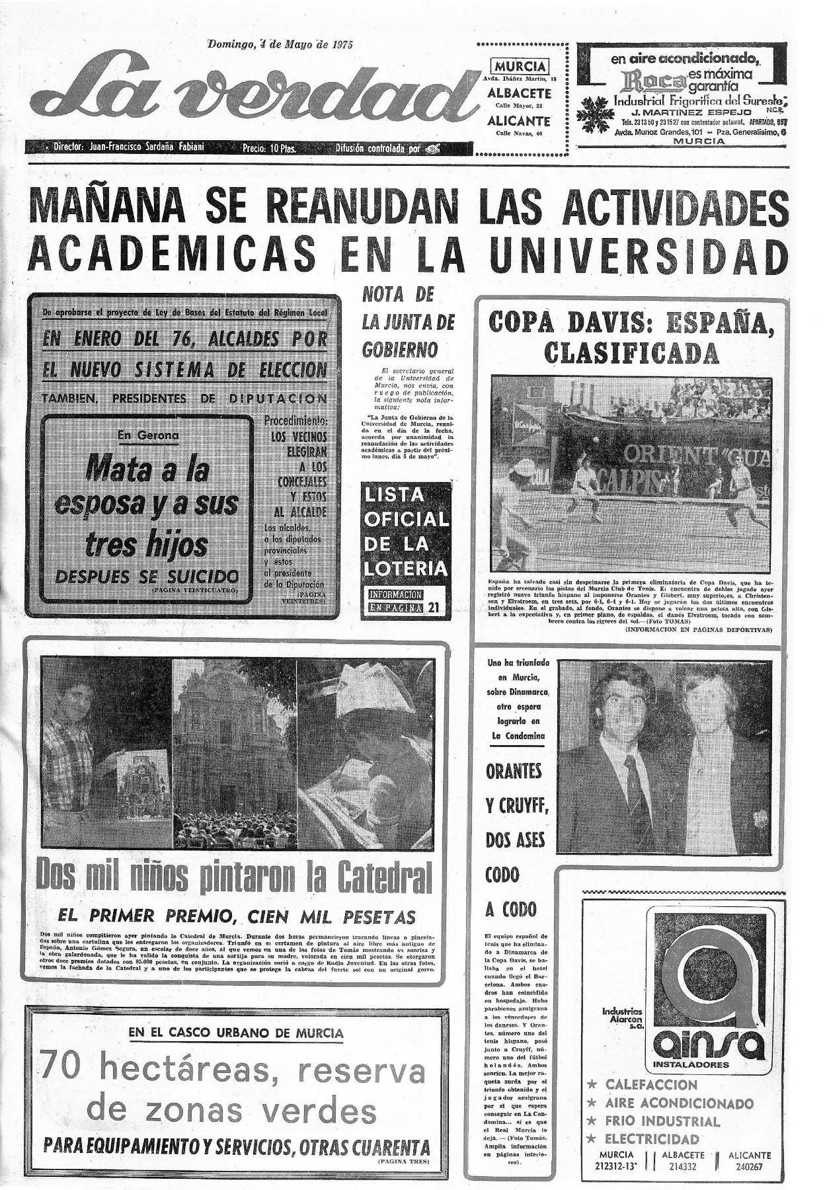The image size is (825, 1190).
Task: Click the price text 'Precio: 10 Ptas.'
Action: (268, 148)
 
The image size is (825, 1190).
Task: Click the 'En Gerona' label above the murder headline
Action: (148, 435)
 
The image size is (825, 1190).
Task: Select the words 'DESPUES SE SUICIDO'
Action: (146, 576)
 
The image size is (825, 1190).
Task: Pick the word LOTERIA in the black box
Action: (405, 568)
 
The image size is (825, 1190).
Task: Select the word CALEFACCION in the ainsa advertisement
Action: (650, 1084)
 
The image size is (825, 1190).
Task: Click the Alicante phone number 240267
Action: (750, 1168)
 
